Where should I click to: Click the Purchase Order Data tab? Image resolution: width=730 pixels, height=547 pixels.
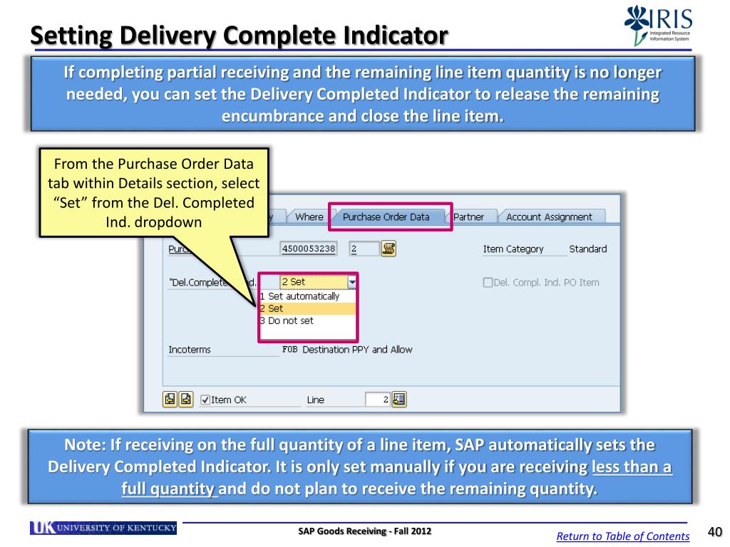point(386,217)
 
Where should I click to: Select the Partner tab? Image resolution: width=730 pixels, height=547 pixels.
point(468,217)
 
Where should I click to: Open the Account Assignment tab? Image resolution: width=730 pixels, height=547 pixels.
point(549,217)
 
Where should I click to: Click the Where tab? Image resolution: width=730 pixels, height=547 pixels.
point(309,217)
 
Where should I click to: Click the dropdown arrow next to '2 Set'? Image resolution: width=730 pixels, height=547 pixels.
point(351,282)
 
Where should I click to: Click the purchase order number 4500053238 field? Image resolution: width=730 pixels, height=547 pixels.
point(309,249)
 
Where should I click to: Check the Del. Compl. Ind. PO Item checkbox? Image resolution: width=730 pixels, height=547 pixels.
point(488,282)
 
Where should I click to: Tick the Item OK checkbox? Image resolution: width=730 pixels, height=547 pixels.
point(205,400)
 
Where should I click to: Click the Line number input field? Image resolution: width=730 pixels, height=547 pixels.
point(377,400)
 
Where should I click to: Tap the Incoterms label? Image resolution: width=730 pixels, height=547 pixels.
point(190,350)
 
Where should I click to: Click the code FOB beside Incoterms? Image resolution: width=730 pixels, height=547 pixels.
point(290,350)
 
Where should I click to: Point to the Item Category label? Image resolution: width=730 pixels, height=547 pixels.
point(513,249)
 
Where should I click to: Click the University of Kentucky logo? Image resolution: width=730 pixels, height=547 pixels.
point(103,528)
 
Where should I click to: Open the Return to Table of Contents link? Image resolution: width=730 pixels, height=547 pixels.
point(622,536)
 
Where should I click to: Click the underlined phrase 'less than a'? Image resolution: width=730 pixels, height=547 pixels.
point(631,467)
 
